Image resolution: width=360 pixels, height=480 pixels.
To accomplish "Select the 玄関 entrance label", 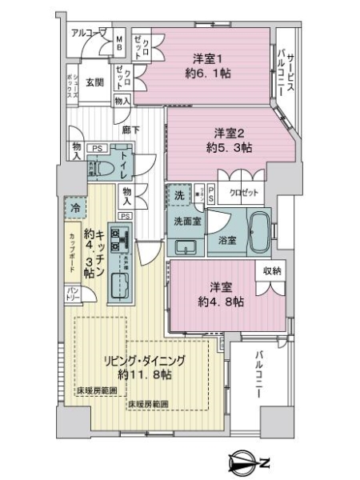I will coord(94,82).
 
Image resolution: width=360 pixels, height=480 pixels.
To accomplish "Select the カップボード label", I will coord(73,246).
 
